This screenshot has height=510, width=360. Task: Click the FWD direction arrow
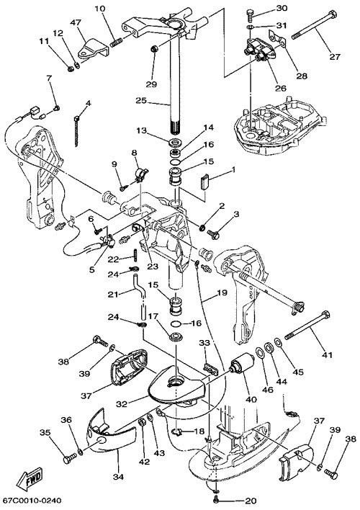[x=31, y=480]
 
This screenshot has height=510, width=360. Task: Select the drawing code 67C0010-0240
[x=32, y=500]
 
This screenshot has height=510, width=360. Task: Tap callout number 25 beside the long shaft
[x=142, y=101]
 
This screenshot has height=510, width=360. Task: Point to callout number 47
[x=75, y=23]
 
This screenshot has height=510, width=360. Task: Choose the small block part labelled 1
[x=204, y=182]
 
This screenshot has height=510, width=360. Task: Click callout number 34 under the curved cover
[x=119, y=478]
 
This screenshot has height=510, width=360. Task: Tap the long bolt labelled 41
[x=307, y=326]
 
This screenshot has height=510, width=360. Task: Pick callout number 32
[x=122, y=404]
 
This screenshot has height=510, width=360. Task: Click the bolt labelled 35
[x=70, y=460]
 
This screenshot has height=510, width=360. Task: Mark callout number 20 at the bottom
[x=251, y=501]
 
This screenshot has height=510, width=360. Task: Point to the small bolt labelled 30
[x=249, y=13]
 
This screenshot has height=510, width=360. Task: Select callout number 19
[x=222, y=292]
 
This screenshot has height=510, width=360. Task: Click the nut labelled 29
[x=154, y=50]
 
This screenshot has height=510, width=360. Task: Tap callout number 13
[x=142, y=131]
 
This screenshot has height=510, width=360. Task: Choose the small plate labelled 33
[x=210, y=369]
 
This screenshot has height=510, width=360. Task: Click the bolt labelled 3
[x=214, y=233]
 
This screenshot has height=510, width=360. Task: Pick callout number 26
[x=280, y=88]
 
